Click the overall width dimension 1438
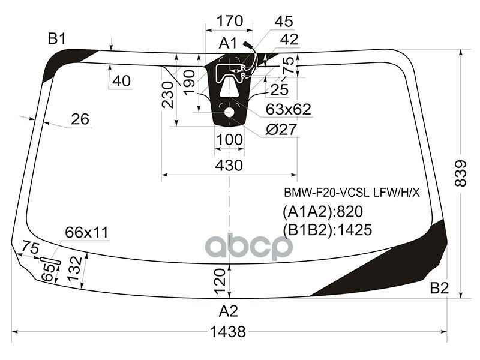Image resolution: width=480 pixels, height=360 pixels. click(229, 332)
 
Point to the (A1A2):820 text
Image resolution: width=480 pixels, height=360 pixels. click(323, 212)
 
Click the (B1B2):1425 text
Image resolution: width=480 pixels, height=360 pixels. click(327, 230)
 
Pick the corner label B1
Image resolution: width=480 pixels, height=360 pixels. click(57, 40)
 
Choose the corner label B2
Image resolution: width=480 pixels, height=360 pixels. click(439, 289)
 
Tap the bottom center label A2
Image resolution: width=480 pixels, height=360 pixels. click(228, 311)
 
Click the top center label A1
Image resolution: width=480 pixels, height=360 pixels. click(228, 43)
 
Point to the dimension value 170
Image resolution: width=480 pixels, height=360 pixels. click(229, 22)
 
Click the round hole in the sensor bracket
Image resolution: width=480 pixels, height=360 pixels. click(229, 112)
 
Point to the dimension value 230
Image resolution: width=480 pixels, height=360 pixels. click(168, 95)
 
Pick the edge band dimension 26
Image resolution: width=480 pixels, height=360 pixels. click(80, 119)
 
